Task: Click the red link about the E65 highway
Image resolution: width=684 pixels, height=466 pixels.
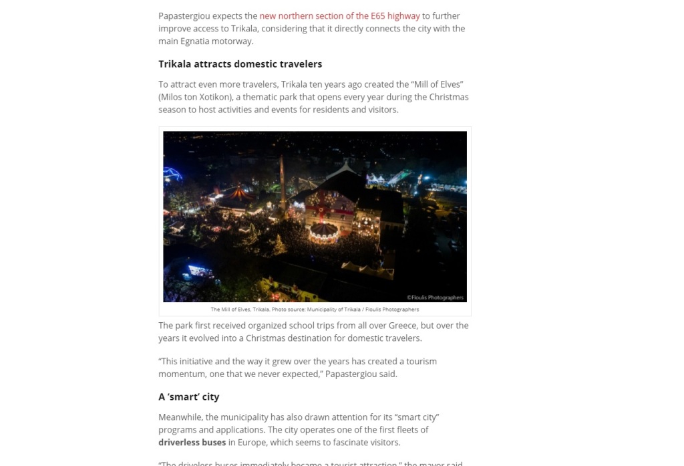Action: coord(339,16)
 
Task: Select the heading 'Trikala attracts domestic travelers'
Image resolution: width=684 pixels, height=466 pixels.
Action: coord(240,64)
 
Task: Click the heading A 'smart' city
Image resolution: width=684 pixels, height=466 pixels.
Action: coord(188,396)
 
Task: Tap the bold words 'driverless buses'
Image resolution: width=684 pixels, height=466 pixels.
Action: coord(192,443)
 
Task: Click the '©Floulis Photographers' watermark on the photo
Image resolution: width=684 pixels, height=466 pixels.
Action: coord(435,298)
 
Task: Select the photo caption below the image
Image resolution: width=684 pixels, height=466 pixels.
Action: coord(315,310)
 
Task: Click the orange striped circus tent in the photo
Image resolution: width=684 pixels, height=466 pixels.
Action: coord(240,195)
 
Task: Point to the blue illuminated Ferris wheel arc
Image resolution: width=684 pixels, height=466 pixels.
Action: coord(172,175)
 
